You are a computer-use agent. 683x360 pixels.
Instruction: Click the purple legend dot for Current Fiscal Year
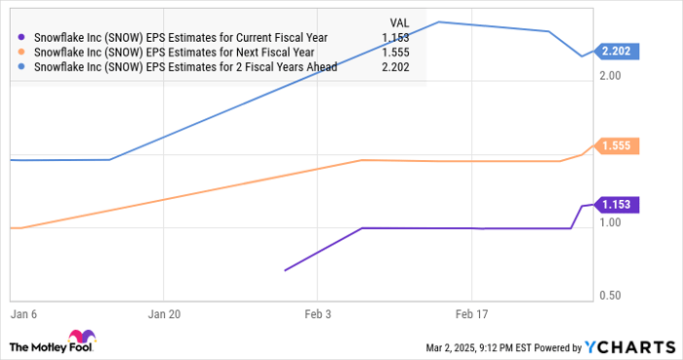(22, 37)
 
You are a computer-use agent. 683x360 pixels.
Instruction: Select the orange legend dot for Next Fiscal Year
(22, 53)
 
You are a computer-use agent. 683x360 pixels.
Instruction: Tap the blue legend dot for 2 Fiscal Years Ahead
(22, 68)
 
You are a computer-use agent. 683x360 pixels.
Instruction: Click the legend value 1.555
(391, 53)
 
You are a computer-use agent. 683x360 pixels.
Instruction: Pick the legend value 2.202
(391, 68)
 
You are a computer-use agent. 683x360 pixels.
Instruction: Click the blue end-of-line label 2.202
(618, 51)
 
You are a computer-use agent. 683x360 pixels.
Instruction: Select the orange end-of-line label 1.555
(618, 146)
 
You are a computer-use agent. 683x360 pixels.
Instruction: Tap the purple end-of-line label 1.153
(618, 205)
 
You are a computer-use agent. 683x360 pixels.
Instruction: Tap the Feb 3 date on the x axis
(317, 316)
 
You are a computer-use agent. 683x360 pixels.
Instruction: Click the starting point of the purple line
(285, 270)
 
